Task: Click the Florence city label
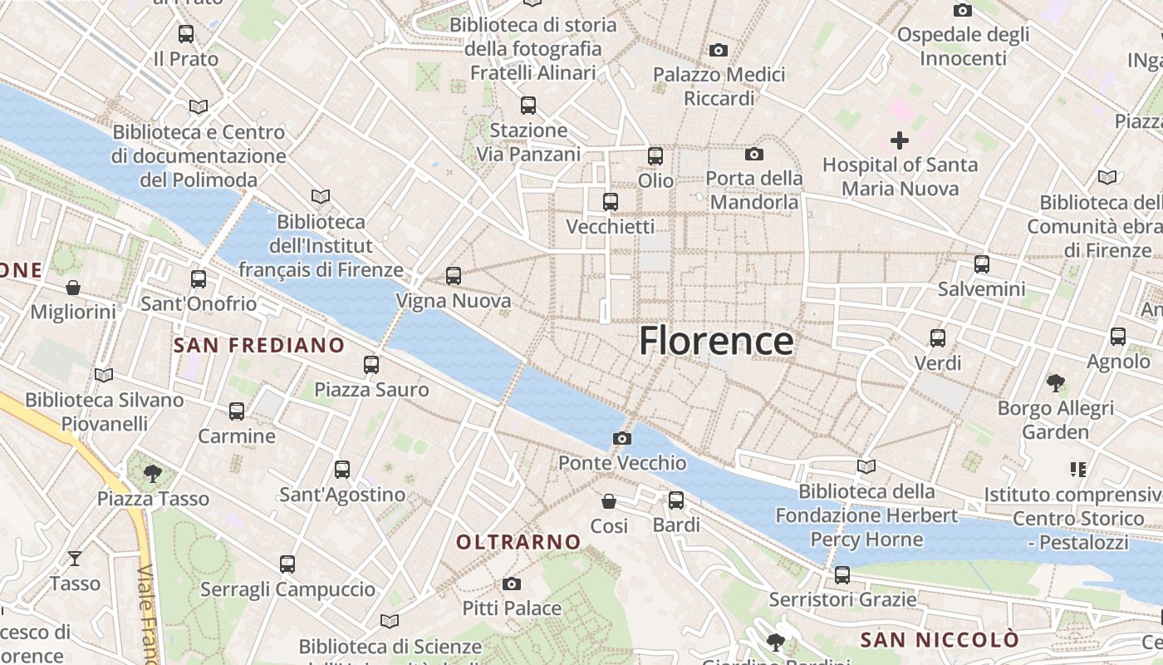click(x=715, y=342)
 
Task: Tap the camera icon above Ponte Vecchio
click(x=622, y=438)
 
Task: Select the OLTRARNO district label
click(x=518, y=542)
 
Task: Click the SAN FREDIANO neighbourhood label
click(x=259, y=345)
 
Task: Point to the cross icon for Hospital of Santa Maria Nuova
click(x=900, y=140)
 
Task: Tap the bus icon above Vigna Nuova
click(x=454, y=275)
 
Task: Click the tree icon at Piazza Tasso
click(x=152, y=474)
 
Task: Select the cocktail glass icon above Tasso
click(x=75, y=558)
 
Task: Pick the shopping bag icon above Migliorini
click(x=73, y=288)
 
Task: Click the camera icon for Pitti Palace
click(x=512, y=584)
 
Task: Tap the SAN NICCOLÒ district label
click(x=939, y=640)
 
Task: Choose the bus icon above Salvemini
click(x=982, y=264)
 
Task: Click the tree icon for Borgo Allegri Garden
click(x=1056, y=383)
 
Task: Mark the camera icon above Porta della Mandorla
click(x=754, y=154)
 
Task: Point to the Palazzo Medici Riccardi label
click(x=719, y=86)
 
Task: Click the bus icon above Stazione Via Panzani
click(x=528, y=106)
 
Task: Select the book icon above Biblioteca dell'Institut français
click(x=321, y=197)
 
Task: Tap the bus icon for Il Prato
click(x=186, y=34)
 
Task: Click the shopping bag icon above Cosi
click(x=610, y=501)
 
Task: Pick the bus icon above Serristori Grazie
click(x=842, y=574)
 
